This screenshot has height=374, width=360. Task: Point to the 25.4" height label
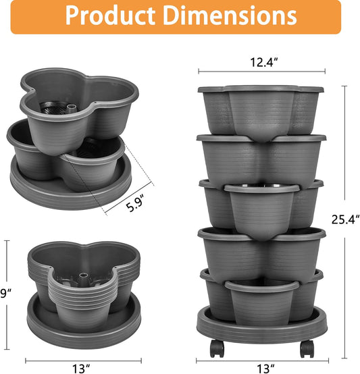[x=346, y=218]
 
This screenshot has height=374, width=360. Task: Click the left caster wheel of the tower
[x=217, y=348]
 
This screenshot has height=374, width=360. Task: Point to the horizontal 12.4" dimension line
[x=261, y=72]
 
